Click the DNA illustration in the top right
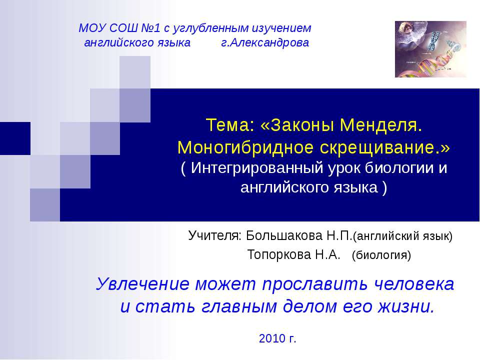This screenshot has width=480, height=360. [x=430, y=49]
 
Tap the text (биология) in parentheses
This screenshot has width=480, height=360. [x=381, y=256]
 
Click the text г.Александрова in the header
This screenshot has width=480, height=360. [x=265, y=43]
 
